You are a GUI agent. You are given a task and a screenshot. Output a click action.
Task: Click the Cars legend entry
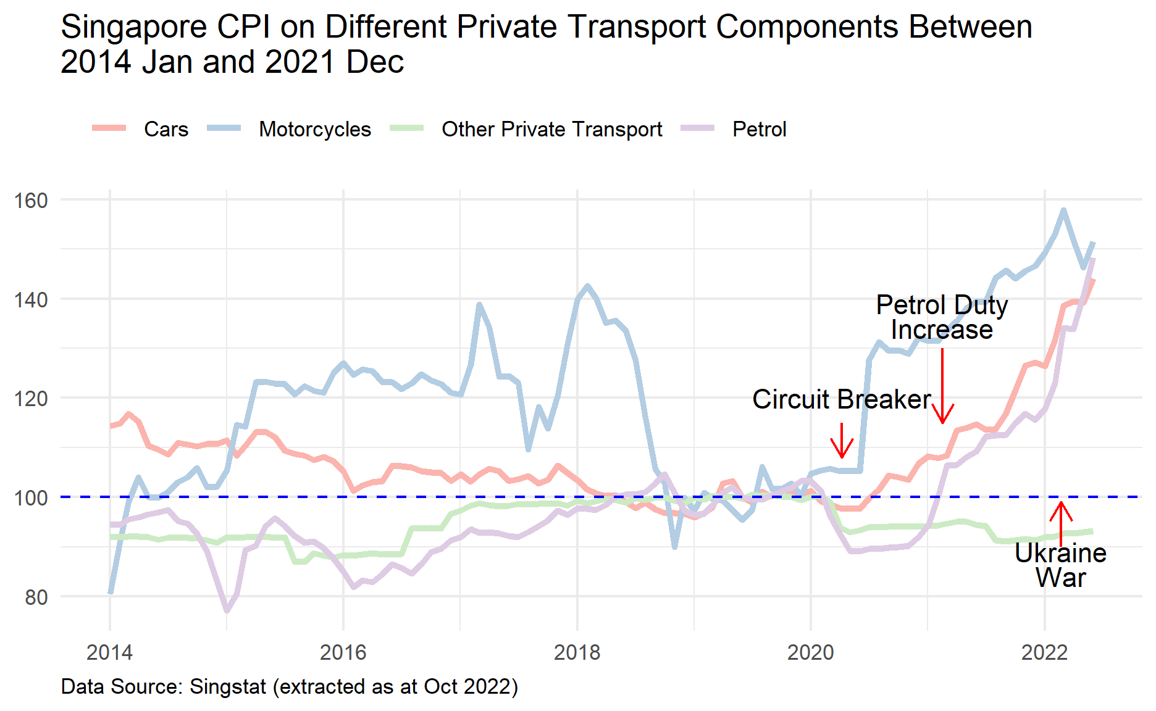(165, 129)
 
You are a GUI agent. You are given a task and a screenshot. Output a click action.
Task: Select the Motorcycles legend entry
(314, 129)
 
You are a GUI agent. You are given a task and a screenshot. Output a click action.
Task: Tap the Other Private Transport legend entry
(551, 129)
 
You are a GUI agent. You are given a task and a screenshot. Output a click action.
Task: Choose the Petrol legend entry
(759, 129)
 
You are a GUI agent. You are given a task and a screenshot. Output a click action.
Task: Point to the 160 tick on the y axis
(31, 200)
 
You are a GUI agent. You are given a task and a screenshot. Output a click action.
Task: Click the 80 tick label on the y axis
(36, 597)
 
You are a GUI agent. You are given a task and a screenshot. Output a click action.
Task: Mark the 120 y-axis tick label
(31, 399)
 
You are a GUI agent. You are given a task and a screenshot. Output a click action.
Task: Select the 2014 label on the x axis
(110, 652)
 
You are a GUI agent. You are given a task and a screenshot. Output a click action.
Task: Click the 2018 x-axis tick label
(577, 652)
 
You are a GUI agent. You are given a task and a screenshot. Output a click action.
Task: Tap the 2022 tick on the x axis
(1044, 652)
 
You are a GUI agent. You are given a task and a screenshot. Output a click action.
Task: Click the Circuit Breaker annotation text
(841, 399)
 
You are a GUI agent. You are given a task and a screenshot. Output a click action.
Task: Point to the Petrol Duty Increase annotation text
(942, 317)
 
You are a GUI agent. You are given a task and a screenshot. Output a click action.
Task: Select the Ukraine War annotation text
(1060, 565)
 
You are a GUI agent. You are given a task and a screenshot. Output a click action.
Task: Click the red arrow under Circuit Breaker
(842, 441)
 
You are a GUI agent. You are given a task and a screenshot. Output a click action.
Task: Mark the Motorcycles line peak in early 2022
(1063, 210)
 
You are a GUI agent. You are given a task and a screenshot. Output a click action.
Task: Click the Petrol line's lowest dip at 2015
(227, 611)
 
